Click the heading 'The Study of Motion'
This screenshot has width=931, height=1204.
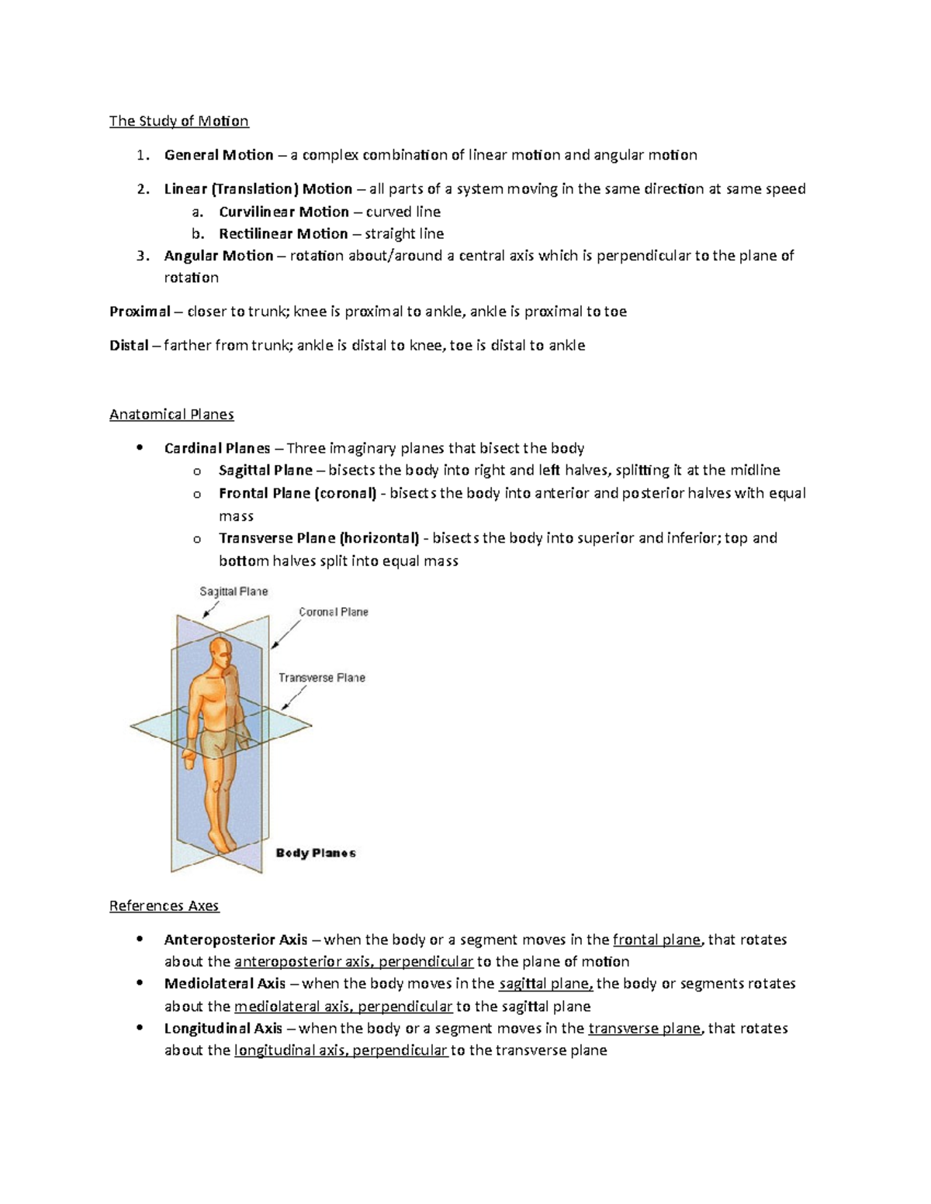[x=178, y=121]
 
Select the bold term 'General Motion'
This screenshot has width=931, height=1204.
[x=218, y=155]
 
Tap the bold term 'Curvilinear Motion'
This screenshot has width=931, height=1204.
[x=283, y=212]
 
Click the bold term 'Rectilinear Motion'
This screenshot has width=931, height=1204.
[x=282, y=233]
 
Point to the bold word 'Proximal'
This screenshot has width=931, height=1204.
[x=140, y=312]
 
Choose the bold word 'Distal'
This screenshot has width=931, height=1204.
[x=129, y=346]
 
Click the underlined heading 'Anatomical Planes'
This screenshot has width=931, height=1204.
[x=171, y=414]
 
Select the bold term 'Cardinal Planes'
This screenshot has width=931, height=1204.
[x=216, y=448]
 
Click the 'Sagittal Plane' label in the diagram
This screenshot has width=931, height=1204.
[x=234, y=592]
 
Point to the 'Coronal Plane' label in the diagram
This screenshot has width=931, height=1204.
[x=334, y=612]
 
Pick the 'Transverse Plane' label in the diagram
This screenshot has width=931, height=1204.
[x=321, y=678]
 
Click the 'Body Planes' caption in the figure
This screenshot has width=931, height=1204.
[x=316, y=853]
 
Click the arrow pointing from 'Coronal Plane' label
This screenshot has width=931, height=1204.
[x=285, y=634]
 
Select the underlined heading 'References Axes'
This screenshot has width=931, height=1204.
[x=164, y=906]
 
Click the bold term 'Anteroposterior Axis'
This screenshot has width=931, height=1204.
[x=236, y=940]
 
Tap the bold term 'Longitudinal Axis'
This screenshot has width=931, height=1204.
[x=223, y=1029]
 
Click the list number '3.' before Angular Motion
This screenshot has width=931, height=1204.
[x=141, y=256]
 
